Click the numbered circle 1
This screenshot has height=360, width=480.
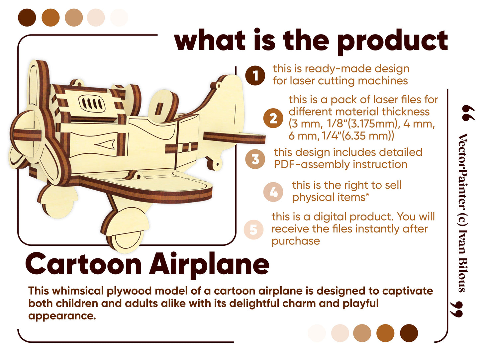(255, 75)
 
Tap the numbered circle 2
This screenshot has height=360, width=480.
(273, 118)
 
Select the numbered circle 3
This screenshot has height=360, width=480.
(255, 159)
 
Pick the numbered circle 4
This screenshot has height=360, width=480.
(273, 192)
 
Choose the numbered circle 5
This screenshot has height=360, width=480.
(253, 229)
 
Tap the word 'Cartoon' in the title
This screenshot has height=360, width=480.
(83, 264)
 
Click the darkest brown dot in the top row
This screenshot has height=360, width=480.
(27, 18)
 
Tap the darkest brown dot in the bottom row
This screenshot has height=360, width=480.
(409, 333)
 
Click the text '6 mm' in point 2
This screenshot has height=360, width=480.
(302, 136)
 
